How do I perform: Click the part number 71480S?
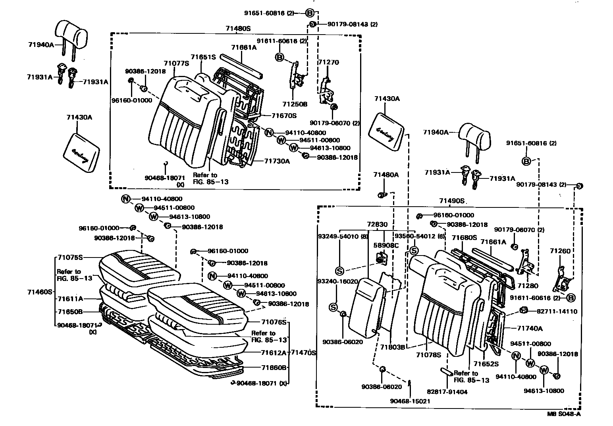[239, 29]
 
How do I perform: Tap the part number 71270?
[328, 62]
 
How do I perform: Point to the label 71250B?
[295, 104]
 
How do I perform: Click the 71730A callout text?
[277, 161]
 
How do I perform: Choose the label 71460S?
[40, 292]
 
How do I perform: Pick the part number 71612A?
[274, 352]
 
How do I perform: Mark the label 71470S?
[303, 352]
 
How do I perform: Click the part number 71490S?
[452, 201]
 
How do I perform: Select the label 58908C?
[386, 246]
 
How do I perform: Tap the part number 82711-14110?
[555, 312]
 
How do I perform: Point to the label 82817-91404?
[447, 392]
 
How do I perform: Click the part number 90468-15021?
[410, 401]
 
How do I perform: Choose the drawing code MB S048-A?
[564, 414]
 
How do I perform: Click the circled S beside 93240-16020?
[333, 307]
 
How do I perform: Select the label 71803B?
[392, 347]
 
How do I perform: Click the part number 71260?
[560, 251]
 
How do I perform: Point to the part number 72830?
[377, 225]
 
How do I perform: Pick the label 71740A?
[530, 328]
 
